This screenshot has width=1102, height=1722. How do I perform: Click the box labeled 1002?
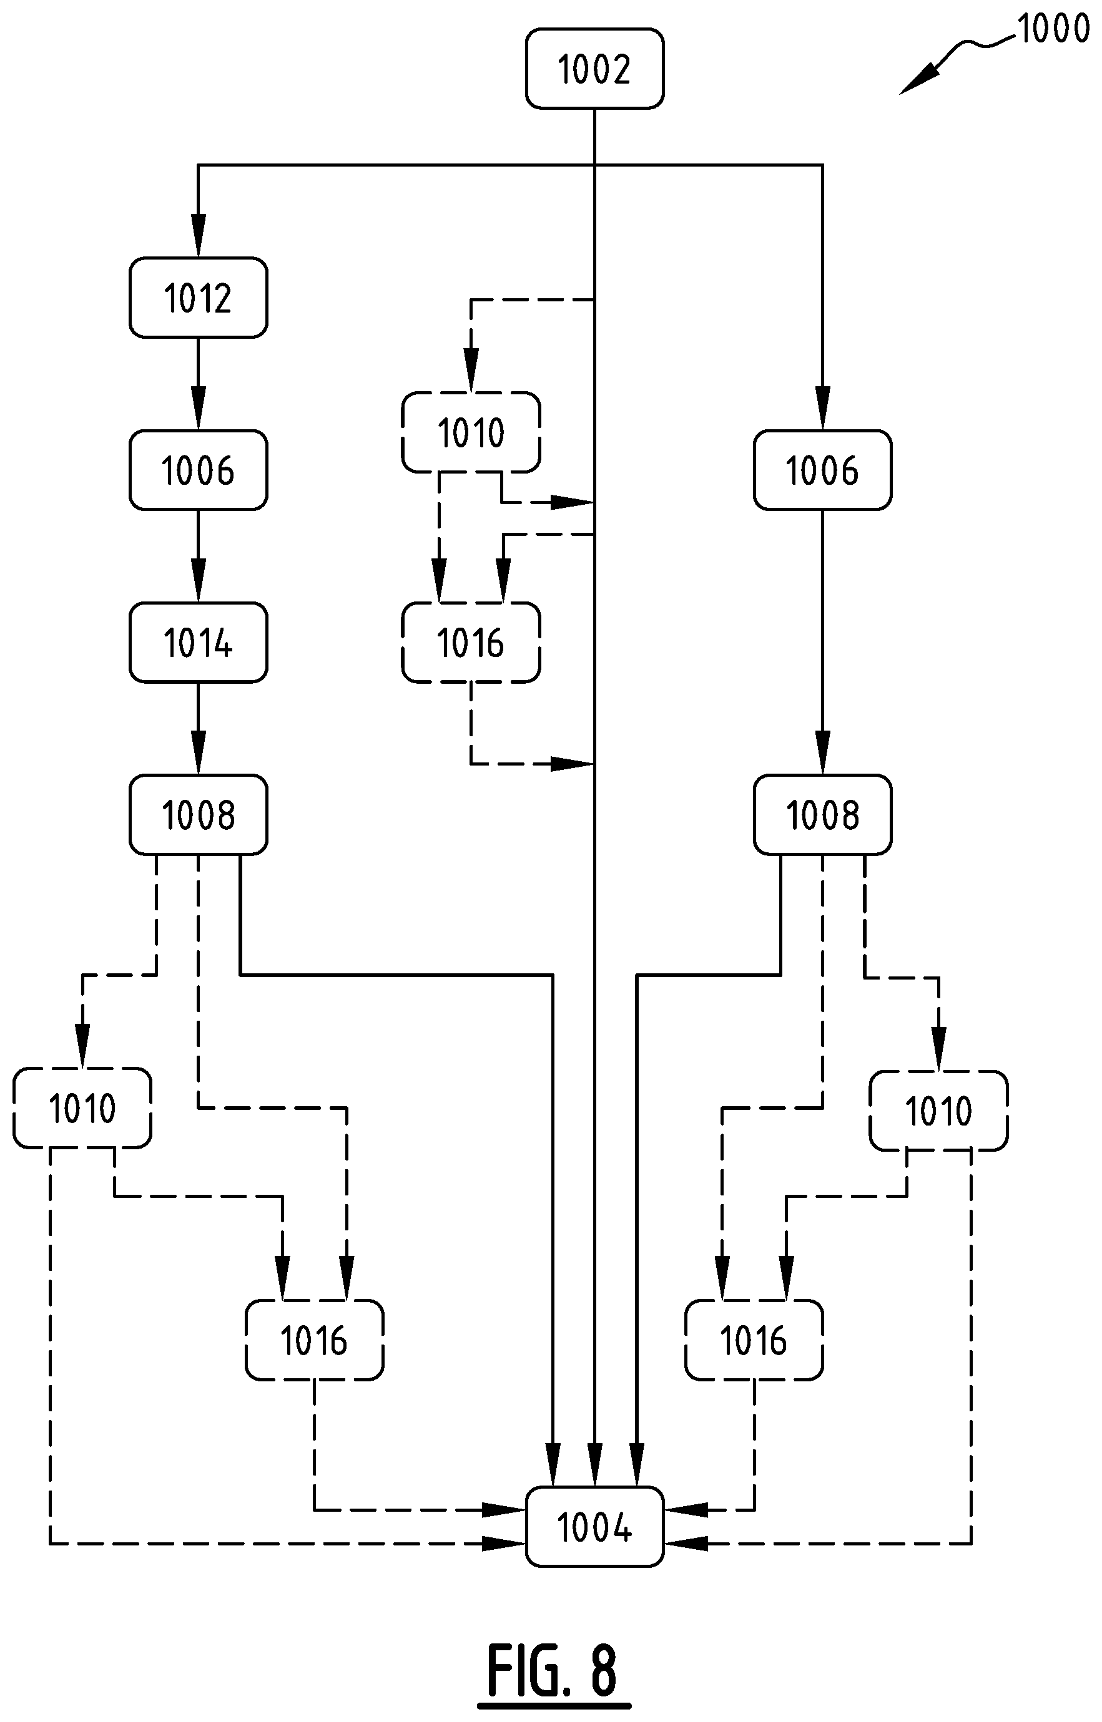pos(594,69)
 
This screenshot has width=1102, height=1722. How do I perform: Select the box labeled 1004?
pos(594,1527)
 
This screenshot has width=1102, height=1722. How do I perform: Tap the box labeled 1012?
pos(198,298)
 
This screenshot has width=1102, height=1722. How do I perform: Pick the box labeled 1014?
pos(198,642)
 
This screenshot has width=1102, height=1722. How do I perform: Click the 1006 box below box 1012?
pos(198,470)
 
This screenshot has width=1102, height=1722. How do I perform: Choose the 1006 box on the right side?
pos(822,470)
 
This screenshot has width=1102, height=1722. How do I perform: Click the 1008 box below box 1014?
pos(198,814)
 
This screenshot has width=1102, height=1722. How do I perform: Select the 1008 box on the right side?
pos(822,814)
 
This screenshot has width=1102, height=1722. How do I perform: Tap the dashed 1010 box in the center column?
pos(471,432)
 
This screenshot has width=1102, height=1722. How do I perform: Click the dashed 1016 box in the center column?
pos(471,642)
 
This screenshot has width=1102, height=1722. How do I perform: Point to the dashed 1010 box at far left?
pos(82,1107)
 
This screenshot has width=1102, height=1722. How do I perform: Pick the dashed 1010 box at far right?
pos(938,1111)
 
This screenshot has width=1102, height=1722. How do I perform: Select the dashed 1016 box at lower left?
pos(314,1340)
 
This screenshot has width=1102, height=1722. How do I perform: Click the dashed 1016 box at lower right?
pos(754,1340)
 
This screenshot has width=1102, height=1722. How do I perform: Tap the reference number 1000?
pos(1053,29)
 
